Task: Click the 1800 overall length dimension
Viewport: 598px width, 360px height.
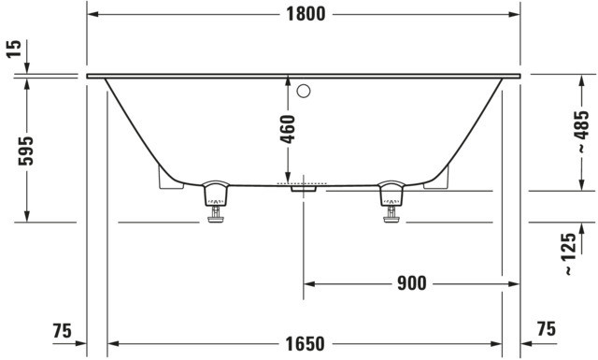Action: [x=306, y=15]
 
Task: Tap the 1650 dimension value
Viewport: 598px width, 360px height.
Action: [x=306, y=344]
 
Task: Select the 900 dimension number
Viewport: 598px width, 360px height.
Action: [x=412, y=283]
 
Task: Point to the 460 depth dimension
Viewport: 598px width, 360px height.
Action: [x=288, y=129]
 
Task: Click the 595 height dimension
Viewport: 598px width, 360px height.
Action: [x=26, y=151]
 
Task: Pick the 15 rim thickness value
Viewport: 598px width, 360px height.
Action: [x=14, y=49]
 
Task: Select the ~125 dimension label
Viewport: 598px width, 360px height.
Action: [x=569, y=254]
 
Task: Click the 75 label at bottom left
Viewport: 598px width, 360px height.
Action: [x=63, y=331]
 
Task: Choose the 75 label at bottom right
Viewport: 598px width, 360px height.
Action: [x=547, y=329]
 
